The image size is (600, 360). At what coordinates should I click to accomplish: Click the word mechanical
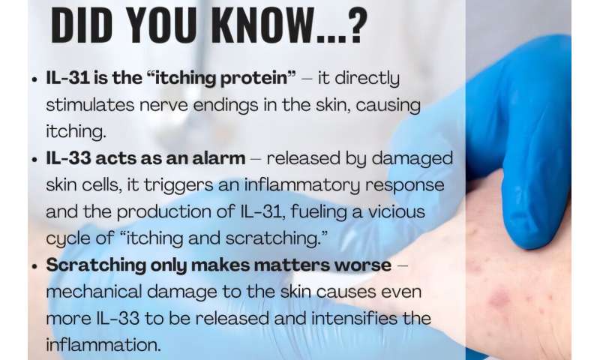pyautogui.click(x=92, y=289)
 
